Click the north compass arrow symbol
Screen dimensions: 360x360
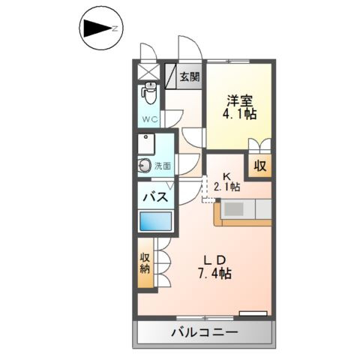[x=97, y=28]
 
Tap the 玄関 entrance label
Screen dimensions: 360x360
[x=190, y=76]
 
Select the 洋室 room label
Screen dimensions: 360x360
[x=239, y=99]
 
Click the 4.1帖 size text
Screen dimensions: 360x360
[x=239, y=115]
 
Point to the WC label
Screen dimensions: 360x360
[x=148, y=118]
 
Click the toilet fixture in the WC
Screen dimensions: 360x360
[x=149, y=94]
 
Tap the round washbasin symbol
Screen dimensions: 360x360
[x=143, y=166]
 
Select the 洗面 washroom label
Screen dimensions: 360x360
[x=163, y=166]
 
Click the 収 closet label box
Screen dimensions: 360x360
[x=259, y=166]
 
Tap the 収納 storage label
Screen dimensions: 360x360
[x=145, y=264]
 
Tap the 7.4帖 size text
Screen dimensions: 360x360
[x=215, y=274]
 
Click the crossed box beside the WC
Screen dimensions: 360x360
[x=148, y=73]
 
